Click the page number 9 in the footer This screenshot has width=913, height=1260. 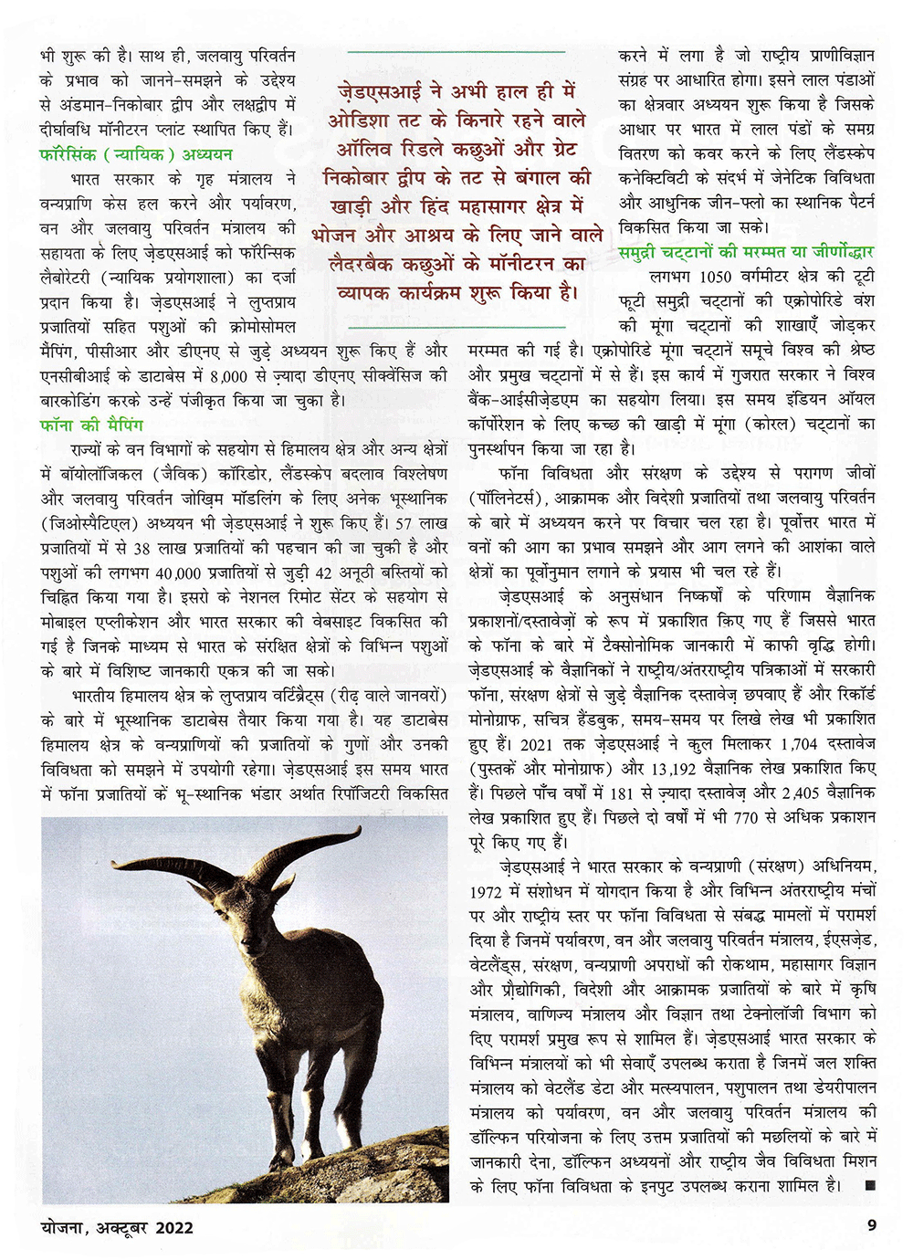coord(872,1225)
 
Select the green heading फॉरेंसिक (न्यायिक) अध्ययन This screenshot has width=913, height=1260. coord(136,154)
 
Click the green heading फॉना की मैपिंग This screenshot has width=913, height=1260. coord(92,425)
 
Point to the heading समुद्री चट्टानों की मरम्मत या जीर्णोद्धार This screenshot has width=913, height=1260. coord(746,252)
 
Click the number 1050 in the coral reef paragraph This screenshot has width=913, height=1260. coord(715,277)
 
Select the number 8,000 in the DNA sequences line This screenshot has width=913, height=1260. coord(228,375)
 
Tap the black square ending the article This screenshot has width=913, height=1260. coord(867,1186)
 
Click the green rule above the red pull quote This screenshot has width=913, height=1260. coord(456,52)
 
